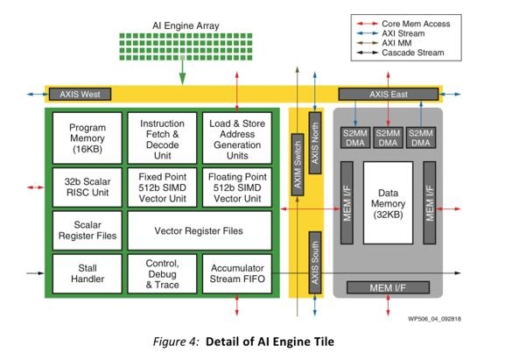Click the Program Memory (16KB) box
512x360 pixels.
(x=88, y=138)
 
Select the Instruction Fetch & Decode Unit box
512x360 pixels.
(x=162, y=138)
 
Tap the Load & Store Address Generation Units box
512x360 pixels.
(x=237, y=138)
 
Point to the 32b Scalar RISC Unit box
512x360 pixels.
(x=88, y=187)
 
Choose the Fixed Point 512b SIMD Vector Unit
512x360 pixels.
(x=162, y=187)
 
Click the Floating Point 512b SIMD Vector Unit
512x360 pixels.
(x=237, y=187)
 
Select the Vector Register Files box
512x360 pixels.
(x=200, y=230)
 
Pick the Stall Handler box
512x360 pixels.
(x=88, y=274)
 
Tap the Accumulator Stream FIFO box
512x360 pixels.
(x=237, y=274)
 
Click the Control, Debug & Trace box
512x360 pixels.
(x=162, y=274)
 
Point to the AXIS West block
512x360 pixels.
(x=80, y=94)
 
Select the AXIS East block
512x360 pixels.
(x=389, y=94)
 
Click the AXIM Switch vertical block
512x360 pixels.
(x=298, y=165)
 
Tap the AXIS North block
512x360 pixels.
(x=315, y=143)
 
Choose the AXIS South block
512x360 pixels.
(x=315, y=263)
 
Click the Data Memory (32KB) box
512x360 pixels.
(x=389, y=203)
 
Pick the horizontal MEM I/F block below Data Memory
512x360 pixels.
(x=388, y=287)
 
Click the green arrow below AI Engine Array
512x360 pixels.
(x=183, y=72)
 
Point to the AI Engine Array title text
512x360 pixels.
(x=186, y=25)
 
